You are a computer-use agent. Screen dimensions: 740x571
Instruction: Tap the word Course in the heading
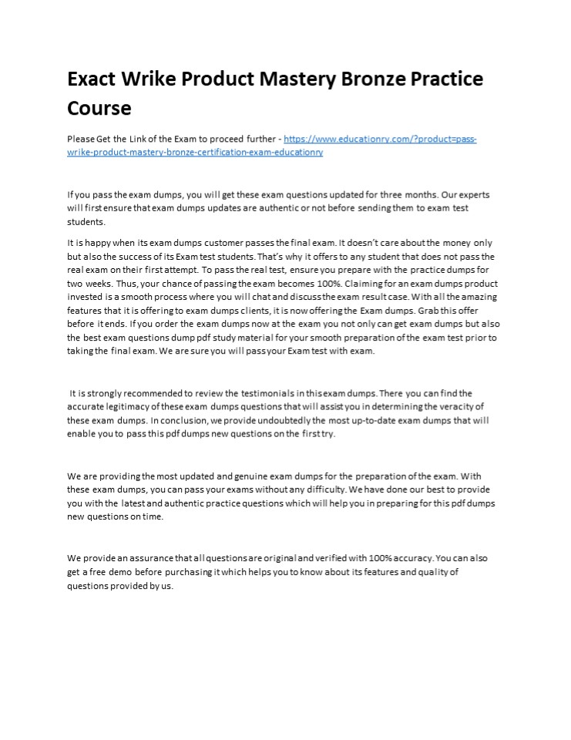[99, 107]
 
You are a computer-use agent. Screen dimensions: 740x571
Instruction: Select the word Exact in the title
[92, 79]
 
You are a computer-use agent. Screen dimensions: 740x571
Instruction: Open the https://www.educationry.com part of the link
[335, 140]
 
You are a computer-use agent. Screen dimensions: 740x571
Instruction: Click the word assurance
[146, 558]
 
